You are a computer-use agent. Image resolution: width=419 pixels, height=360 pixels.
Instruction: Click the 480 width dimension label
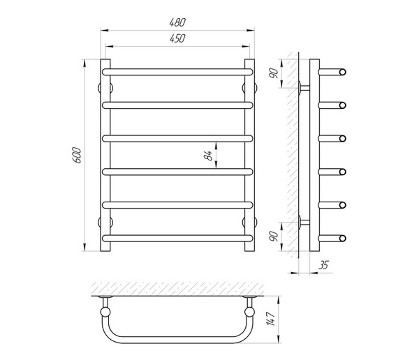pos(177,22)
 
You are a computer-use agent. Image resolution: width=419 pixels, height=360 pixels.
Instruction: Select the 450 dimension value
pos(177,39)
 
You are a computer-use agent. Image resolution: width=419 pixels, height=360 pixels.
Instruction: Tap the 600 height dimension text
pos(76,155)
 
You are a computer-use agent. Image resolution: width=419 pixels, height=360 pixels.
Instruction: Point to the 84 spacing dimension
pos(208,156)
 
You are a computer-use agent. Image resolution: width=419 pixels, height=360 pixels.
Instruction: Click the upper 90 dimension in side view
pos(274,73)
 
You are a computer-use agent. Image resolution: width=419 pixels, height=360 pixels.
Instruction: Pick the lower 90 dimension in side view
pos(274,237)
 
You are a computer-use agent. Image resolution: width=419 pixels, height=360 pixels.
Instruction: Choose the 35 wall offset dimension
pos(323,265)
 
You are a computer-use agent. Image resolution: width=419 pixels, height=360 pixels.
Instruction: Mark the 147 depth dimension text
pos(270,319)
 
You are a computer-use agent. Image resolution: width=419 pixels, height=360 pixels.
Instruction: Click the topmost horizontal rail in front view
pos(177,72)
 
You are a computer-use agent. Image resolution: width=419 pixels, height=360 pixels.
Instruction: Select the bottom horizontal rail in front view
pos(177,238)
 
